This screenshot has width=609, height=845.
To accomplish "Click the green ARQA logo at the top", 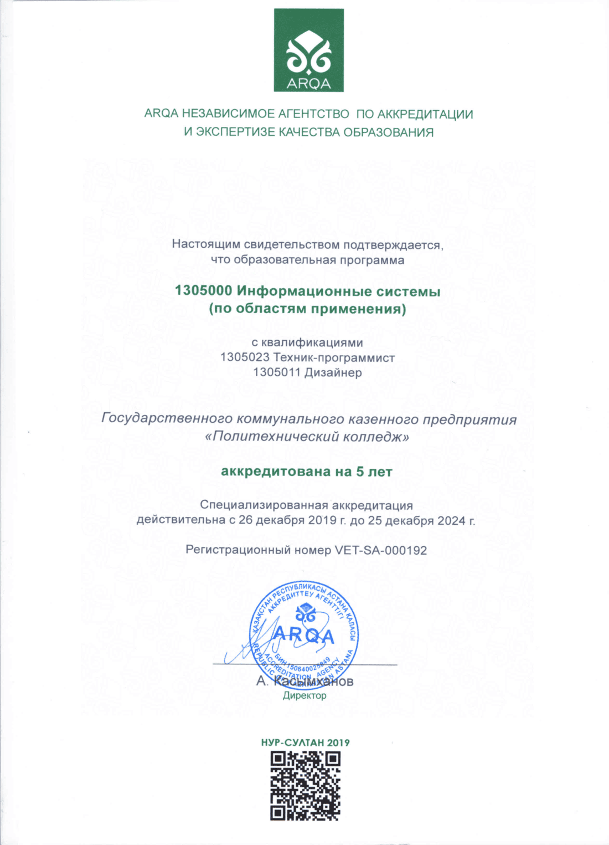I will click(308, 50).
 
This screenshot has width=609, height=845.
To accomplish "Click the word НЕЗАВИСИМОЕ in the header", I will click(228, 114).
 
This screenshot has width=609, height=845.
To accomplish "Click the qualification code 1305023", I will click(244, 357).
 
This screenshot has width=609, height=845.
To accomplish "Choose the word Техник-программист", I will click(334, 357).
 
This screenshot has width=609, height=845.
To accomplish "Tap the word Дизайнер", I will click(333, 372).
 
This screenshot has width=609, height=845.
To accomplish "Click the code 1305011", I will click(277, 372).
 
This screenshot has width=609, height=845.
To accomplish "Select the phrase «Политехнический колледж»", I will click(307, 437).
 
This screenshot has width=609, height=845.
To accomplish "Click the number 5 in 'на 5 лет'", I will click(360, 472).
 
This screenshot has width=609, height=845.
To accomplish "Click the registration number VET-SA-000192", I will click(381, 550).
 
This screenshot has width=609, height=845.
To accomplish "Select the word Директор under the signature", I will click(304, 695).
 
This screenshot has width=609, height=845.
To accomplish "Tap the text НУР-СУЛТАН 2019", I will click(305, 742).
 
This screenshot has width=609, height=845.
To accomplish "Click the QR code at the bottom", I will click(305, 786).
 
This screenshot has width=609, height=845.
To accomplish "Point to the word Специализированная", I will click(264, 505).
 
